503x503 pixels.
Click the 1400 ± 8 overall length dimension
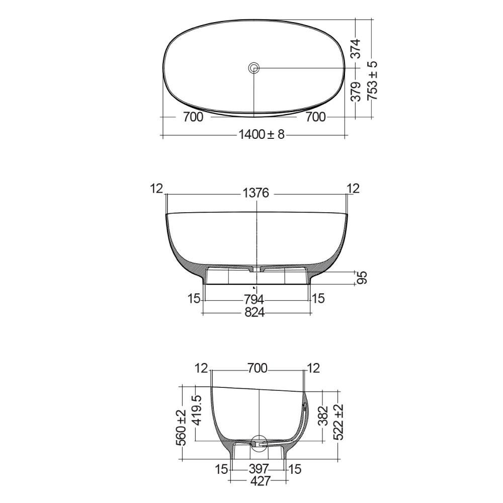[x=261, y=135]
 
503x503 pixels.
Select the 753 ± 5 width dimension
[x=372, y=81]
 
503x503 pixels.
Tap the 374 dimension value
[x=356, y=49]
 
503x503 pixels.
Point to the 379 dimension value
[x=356, y=92]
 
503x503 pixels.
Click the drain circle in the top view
[x=254, y=67]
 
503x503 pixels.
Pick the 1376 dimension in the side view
[x=256, y=193]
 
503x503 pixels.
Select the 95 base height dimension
[x=362, y=278]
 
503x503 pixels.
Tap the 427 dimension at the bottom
[x=260, y=481]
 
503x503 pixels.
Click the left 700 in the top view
[x=193, y=117]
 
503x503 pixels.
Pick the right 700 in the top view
[x=315, y=117]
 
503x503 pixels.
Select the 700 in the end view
[x=258, y=369]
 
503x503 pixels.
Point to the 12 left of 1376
[x=157, y=189]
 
